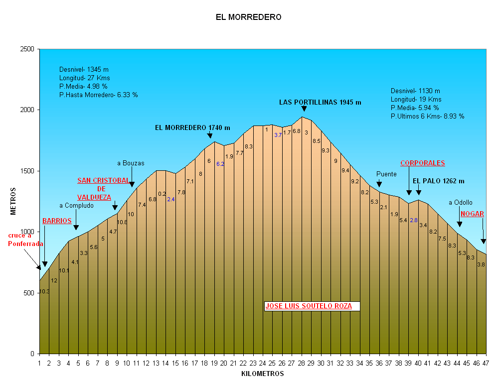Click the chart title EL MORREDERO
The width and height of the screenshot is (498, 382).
coord(248,17)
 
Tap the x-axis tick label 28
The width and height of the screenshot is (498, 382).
coord(302,363)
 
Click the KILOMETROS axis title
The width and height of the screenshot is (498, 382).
coord(262,374)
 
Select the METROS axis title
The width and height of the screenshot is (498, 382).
coord(13,201)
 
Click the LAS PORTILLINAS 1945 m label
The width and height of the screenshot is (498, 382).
coord(320,102)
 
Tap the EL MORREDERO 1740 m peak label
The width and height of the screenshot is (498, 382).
coord(192,127)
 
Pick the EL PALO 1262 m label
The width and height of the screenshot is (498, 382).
coord(438,181)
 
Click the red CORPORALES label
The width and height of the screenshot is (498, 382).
coord(422,163)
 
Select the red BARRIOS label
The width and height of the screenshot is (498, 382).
coord(57,221)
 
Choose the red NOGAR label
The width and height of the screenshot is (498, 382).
coord(472,214)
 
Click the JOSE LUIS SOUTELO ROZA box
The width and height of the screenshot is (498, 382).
coord(309,306)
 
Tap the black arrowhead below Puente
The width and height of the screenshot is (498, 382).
coord(379,184)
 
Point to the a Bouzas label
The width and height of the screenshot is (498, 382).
coord(131,163)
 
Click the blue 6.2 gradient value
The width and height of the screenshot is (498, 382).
coord(220,164)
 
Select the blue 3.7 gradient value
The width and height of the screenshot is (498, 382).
coord(278,135)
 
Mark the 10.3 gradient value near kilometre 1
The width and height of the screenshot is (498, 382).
coord(44,291)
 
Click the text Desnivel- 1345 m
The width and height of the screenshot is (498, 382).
coord(84,69)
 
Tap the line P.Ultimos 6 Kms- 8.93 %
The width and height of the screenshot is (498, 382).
coord(427,116)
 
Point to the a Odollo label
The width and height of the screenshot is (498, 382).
coord(460,202)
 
